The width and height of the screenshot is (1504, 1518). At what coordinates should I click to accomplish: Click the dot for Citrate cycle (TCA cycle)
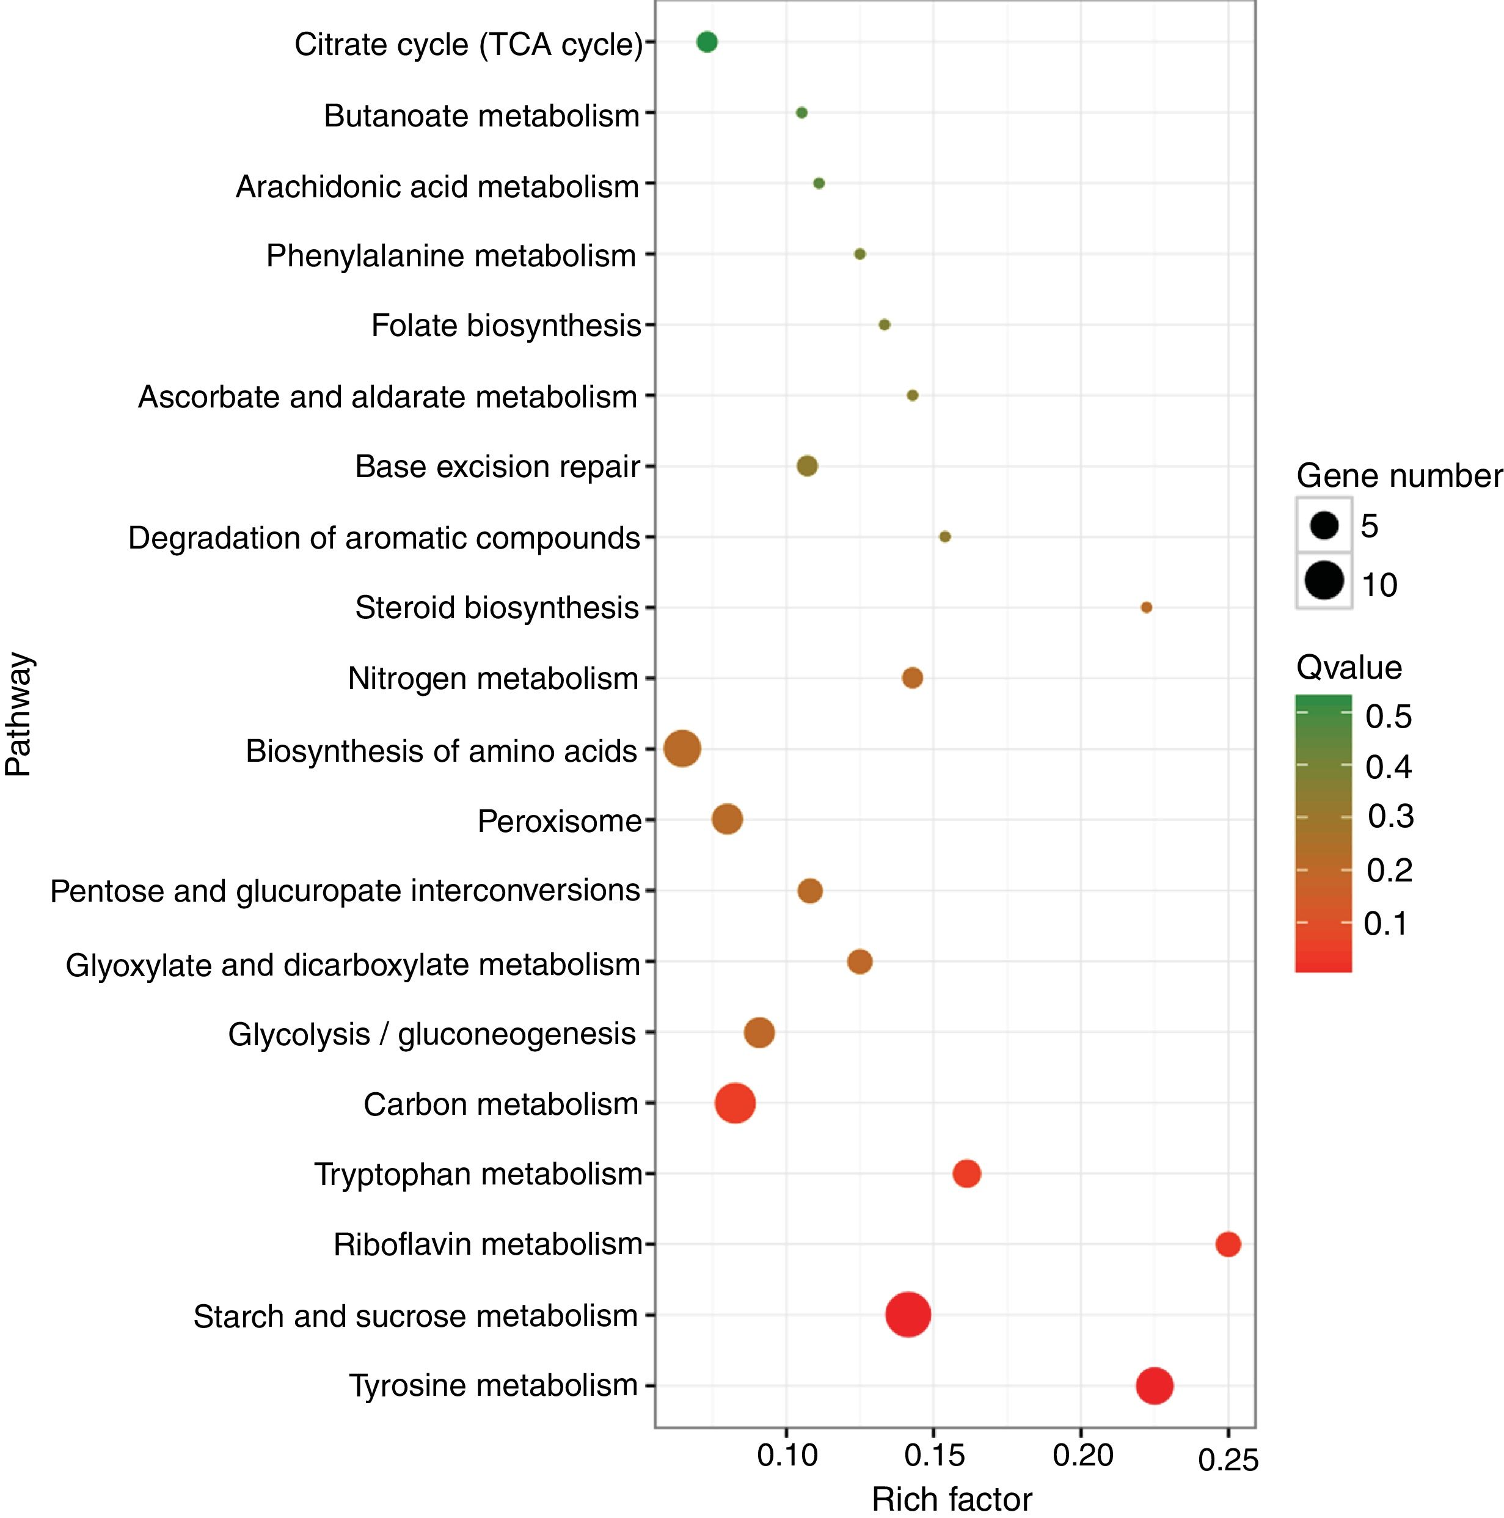tap(706, 42)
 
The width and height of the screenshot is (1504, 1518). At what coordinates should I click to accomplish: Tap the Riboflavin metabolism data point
tap(1227, 1244)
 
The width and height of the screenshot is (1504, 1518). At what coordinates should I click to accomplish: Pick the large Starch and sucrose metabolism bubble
tap(908, 1314)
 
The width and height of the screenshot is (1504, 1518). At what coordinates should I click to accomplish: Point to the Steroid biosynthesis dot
tap(1145, 607)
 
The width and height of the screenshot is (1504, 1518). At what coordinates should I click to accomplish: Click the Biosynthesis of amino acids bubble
tap(681, 748)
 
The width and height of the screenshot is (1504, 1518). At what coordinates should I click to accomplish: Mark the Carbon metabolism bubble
tap(735, 1103)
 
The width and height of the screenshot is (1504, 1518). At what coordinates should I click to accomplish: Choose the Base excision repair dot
tap(807, 466)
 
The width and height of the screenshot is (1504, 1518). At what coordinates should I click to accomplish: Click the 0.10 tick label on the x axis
tap(787, 1455)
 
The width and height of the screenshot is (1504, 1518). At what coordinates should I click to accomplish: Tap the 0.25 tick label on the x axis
tap(1227, 1459)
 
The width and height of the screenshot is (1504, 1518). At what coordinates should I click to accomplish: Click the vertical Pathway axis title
tap(19, 713)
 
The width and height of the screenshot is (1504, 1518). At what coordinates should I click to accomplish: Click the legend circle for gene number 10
tap(1324, 582)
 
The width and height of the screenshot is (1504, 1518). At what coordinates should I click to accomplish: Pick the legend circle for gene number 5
tap(1324, 525)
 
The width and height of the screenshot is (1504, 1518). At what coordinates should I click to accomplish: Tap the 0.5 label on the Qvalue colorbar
tap(1389, 717)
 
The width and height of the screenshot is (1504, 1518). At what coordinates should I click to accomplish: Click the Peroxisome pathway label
tap(560, 821)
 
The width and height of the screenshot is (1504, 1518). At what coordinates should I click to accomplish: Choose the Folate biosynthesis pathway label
tap(506, 325)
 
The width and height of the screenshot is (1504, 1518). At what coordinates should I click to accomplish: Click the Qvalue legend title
tap(1348, 667)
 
